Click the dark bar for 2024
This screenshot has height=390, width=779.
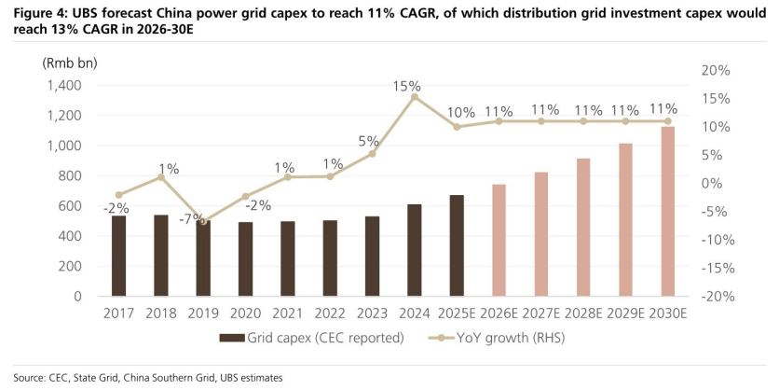click(415, 250)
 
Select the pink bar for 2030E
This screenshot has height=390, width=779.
click(668, 212)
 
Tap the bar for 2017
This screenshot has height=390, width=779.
click(118, 257)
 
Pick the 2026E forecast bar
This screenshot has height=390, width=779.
click(499, 241)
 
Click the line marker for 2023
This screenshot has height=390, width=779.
click(372, 154)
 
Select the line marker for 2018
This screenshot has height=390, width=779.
click(161, 176)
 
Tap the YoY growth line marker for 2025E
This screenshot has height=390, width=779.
click(457, 127)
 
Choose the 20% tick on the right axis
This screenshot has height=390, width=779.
click(716, 71)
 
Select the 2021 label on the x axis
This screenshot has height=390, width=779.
click(288, 313)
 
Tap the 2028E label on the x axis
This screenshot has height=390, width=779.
click(583, 313)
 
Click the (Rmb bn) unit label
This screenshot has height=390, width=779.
click(70, 63)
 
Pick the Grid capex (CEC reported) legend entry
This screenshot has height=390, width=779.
click(311, 339)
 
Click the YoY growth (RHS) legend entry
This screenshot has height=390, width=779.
click(497, 339)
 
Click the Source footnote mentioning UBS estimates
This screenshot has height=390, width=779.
click(148, 378)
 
